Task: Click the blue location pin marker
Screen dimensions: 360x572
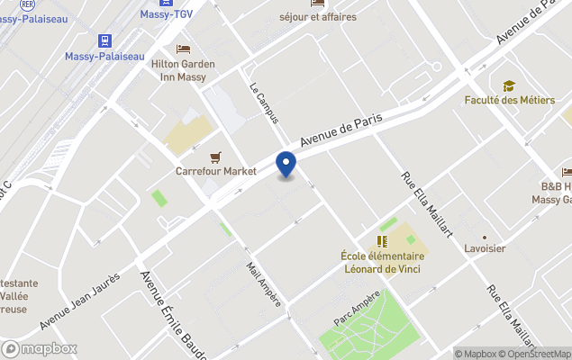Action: click(x=286, y=165)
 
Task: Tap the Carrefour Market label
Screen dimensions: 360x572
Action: click(x=215, y=171)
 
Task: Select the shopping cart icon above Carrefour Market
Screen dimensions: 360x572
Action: click(x=215, y=157)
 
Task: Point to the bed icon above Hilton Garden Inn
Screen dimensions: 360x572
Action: click(x=183, y=49)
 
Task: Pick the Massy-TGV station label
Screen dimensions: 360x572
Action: click(x=168, y=13)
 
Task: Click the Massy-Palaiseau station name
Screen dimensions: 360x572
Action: click(x=105, y=56)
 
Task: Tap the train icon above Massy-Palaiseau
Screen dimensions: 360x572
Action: click(x=105, y=40)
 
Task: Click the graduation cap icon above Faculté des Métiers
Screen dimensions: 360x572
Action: click(x=509, y=85)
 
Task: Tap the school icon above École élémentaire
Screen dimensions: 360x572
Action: click(x=382, y=241)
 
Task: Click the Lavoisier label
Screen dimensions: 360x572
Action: click(x=485, y=247)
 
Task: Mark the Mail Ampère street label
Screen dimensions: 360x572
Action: click(x=264, y=284)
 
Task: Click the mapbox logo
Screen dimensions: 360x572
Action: click(x=41, y=348)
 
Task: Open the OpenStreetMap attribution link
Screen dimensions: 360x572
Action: click(x=538, y=354)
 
